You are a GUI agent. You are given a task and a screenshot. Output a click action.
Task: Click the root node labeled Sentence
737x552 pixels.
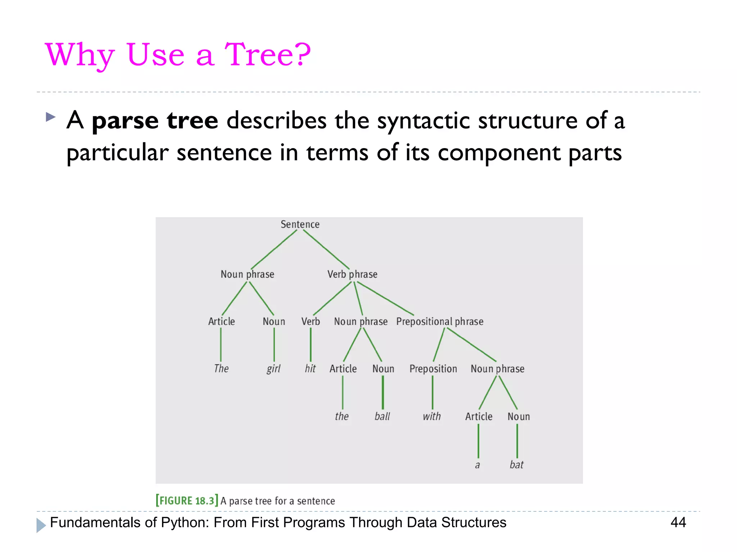coord(300,224)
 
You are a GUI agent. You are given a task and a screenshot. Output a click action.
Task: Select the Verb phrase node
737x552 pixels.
coord(352,274)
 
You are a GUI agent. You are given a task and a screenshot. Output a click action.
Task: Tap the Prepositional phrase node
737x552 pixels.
coord(439,321)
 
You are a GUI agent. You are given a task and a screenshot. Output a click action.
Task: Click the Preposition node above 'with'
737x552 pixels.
coord(433,369)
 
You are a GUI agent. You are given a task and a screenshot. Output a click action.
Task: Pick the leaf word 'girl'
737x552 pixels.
coord(273,369)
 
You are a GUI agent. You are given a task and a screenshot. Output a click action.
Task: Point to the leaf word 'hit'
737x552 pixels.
coord(310,369)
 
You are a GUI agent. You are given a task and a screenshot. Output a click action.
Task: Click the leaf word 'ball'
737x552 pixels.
coord(382,417)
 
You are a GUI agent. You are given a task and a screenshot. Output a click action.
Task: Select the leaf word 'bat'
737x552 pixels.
coord(516,465)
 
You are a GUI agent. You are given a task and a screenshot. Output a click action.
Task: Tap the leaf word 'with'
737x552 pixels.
coord(431,417)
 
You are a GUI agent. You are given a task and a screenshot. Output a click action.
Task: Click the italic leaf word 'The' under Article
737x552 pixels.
coord(221,369)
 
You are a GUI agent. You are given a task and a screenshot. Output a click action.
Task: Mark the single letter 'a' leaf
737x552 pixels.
coord(477,465)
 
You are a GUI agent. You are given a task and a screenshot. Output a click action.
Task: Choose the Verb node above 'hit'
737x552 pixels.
coord(310,321)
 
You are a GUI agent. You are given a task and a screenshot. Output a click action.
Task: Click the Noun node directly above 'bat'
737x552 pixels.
coord(518,417)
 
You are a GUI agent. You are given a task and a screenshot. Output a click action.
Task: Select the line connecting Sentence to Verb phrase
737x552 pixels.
coord(326,249)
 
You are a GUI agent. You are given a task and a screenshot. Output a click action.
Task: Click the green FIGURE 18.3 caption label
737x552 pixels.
coord(187,501)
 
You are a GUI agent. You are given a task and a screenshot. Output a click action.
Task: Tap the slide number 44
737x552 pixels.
coord(678,522)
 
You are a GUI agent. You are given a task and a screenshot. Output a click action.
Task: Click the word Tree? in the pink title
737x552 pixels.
coord(267,55)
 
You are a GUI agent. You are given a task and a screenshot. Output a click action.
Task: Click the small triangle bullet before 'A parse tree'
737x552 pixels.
coord(51,117)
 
